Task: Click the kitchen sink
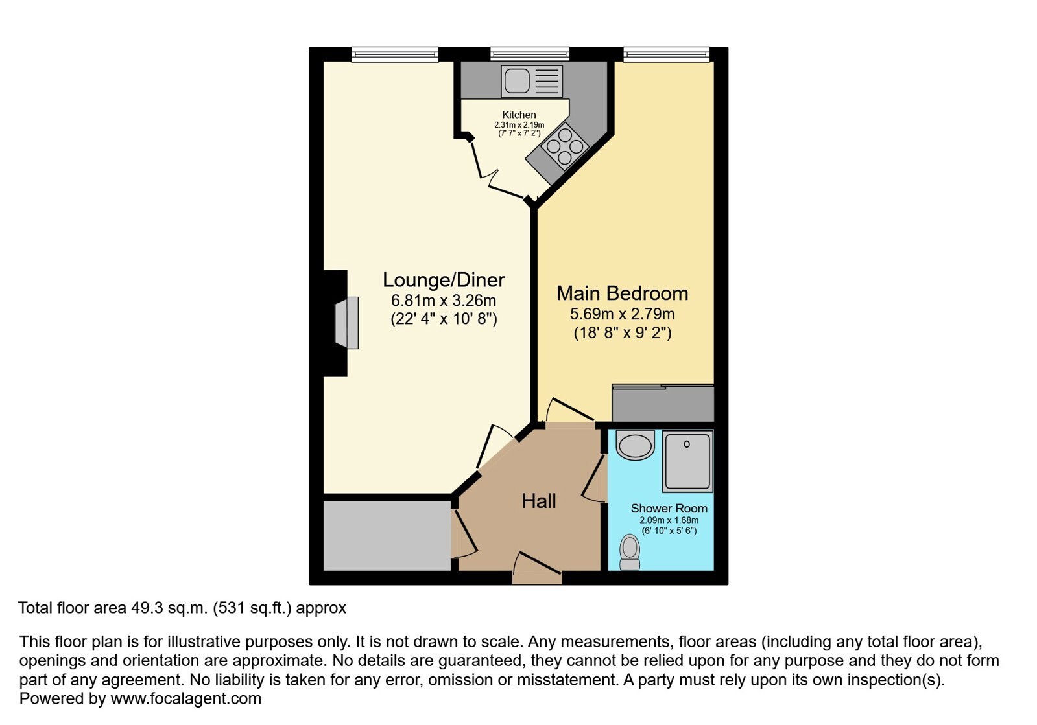point(532,82)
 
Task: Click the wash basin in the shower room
point(635,445)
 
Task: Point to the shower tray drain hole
point(687,444)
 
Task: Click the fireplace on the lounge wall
point(347,323)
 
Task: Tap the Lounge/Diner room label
point(444,280)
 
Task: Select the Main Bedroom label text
point(622,293)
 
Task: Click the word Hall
point(539,501)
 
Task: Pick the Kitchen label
point(519,115)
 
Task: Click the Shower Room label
point(669,508)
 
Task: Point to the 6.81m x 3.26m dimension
point(444,301)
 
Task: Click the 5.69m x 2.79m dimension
point(622,314)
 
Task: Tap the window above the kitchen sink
point(530,54)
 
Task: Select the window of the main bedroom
point(666,54)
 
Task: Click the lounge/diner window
point(394,54)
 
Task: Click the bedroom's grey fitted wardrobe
point(663,403)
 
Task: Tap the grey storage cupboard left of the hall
point(387,536)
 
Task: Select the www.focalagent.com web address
point(185,698)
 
